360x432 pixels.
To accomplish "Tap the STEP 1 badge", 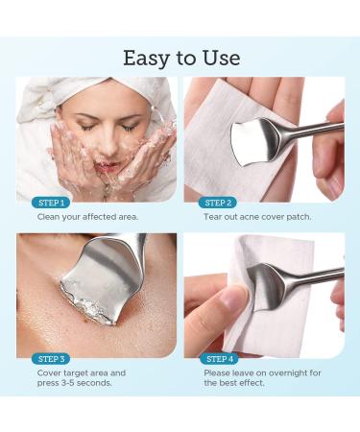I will click(49, 203).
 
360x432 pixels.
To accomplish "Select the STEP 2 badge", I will click(216, 203).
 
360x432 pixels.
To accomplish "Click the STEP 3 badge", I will click(49, 358).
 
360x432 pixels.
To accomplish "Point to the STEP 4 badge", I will click(216, 358).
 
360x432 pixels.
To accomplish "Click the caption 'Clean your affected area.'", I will click(87, 217).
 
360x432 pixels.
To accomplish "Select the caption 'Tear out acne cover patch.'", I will click(256, 217).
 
